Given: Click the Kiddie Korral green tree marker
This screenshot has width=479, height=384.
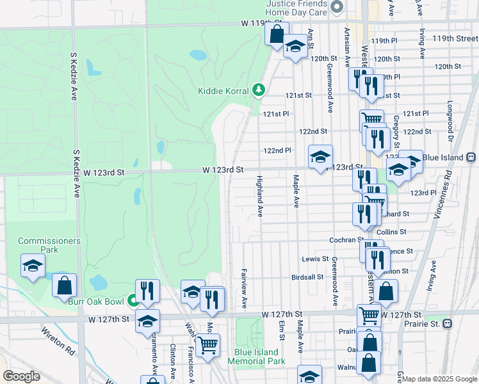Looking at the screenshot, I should [x=259, y=90].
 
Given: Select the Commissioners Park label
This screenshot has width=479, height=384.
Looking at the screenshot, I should [x=49, y=245].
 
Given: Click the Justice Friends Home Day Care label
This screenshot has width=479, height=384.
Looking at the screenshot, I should [x=296, y=8].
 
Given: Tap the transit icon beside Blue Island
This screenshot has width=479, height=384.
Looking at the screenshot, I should [x=471, y=157].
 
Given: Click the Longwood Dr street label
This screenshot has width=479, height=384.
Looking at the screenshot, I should [x=451, y=121].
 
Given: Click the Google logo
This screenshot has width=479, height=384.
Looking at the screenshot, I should [x=22, y=376].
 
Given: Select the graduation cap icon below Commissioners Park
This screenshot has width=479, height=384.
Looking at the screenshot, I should [x=33, y=266].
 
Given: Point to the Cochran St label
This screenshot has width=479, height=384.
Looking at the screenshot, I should [x=346, y=239].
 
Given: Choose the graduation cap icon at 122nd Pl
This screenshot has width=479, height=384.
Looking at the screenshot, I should [x=321, y=156].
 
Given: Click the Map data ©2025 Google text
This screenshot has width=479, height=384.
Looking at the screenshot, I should [x=439, y=379].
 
